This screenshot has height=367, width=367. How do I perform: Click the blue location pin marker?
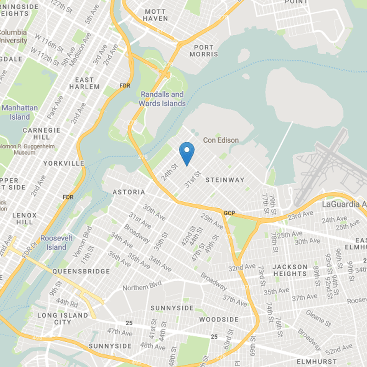186,153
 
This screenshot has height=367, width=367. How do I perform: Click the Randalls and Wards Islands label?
162,99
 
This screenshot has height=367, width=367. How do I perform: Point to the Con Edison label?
221,140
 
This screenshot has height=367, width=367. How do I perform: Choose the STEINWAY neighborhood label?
225,180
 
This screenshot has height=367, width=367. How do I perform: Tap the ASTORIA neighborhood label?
130,192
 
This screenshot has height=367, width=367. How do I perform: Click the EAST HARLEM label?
84,83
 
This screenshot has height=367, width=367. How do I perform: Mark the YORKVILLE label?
64,163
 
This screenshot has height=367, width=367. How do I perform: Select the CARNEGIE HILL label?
42,133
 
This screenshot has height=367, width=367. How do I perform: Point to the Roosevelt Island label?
53,243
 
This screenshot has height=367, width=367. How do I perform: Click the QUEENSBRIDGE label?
81,271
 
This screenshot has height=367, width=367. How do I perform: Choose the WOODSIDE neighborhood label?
219,319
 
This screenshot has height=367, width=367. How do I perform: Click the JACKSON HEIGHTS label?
290,270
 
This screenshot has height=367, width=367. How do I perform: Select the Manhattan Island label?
20,112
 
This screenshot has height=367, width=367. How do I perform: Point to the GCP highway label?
229,213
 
